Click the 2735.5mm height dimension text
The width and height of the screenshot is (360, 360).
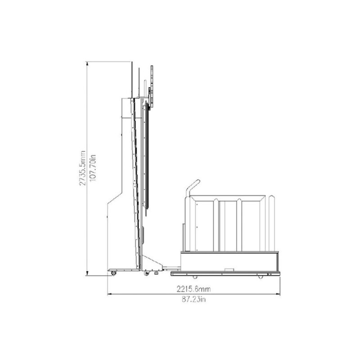point(82,168)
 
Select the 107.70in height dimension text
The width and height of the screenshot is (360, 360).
point(93,168)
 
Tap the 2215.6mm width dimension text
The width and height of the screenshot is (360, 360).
point(193,289)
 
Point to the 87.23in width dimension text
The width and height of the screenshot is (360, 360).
point(193,299)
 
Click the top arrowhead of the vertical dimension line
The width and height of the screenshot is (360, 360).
point(87,64)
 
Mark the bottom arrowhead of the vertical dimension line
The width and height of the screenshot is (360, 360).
point(87,273)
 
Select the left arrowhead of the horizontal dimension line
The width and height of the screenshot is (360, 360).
point(110,294)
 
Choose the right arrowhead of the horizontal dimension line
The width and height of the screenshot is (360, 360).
point(278,294)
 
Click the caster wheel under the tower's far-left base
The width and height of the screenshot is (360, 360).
point(113,273)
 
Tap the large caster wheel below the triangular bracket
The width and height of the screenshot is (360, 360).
point(146,273)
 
